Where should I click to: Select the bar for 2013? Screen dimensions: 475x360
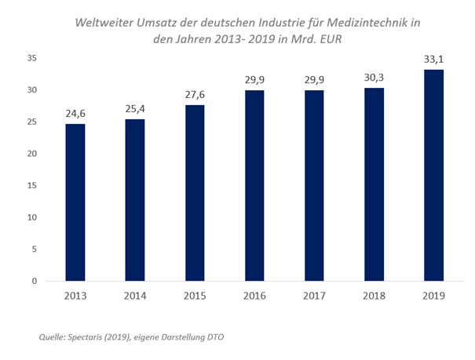[75, 202]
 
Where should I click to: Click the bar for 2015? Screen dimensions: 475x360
[195, 193]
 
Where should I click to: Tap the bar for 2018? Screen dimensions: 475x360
[375, 184]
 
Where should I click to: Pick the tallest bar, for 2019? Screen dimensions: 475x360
[434, 176]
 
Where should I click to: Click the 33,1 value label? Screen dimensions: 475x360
[433, 60]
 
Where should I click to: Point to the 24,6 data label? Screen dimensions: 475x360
[75, 114]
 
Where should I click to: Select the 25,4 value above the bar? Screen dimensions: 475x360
[135, 108]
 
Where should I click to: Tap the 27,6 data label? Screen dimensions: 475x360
[195, 95]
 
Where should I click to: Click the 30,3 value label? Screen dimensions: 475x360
[374, 78]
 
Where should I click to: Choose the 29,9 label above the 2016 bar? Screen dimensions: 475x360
[254, 80]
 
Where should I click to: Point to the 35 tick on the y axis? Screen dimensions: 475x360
[32, 58]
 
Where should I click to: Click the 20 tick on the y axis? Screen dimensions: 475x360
[32, 154]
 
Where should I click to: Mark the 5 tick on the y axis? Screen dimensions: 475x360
[35, 249]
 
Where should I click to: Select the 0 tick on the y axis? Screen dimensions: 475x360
[35, 281]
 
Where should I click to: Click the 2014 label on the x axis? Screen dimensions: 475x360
[135, 296]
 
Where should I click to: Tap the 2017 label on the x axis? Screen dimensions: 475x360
[315, 296]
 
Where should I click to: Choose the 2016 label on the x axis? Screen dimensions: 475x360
[254, 296]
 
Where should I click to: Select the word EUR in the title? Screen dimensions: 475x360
[331, 39]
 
